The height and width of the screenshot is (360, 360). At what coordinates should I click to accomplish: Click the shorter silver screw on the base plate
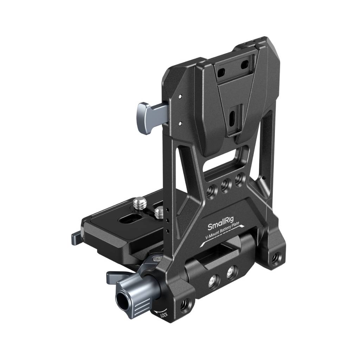click(x=159, y=212)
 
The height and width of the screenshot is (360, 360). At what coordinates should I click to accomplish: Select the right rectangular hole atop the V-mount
click(x=244, y=64)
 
